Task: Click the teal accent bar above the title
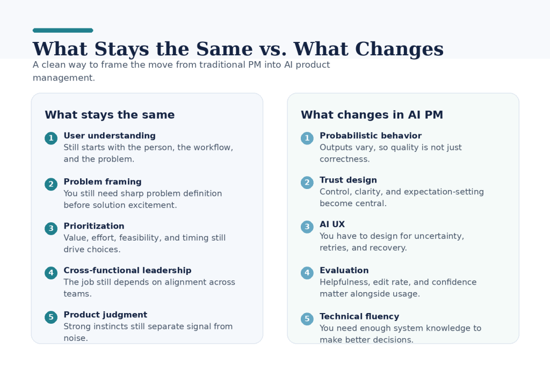tap(63, 31)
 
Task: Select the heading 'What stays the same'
tap(110, 115)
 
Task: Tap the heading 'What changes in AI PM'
tap(372, 115)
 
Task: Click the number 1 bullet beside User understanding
tap(51, 138)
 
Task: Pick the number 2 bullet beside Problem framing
tap(51, 184)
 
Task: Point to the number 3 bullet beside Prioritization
tap(51, 229)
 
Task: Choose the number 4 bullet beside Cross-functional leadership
tap(51, 273)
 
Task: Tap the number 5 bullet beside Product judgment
tap(51, 317)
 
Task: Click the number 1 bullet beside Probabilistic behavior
tap(307, 138)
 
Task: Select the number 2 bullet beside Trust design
tap(307, 183)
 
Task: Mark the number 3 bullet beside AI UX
tap(307, 227)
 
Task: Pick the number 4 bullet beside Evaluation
tap(307, 273)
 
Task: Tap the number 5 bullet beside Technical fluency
tap(307, 319)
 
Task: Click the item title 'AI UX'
tap(332, 224)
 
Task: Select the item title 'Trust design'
tap(348, 180)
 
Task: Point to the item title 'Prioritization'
tap(94, 226)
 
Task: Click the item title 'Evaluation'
tap(344, 271)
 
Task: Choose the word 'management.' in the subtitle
tap(64, 78)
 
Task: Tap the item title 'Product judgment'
tap(105, 315)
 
